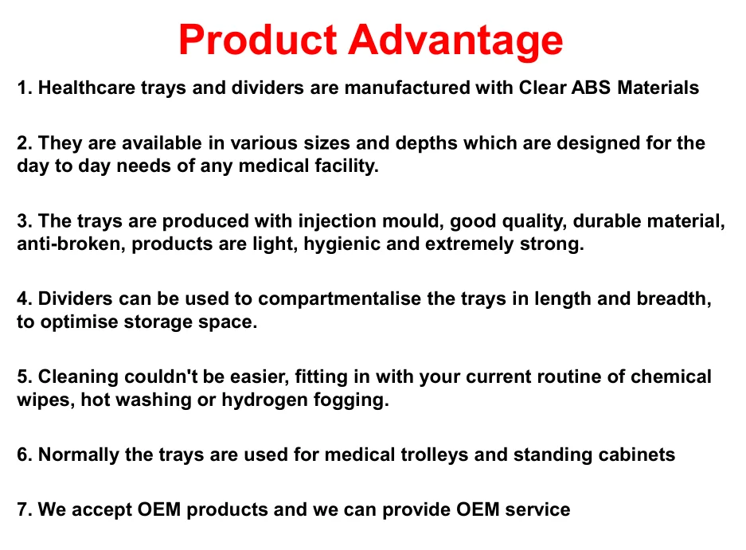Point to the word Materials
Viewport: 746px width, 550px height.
tap(660, 88)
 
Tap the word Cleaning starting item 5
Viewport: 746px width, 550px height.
tap(76, 376)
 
